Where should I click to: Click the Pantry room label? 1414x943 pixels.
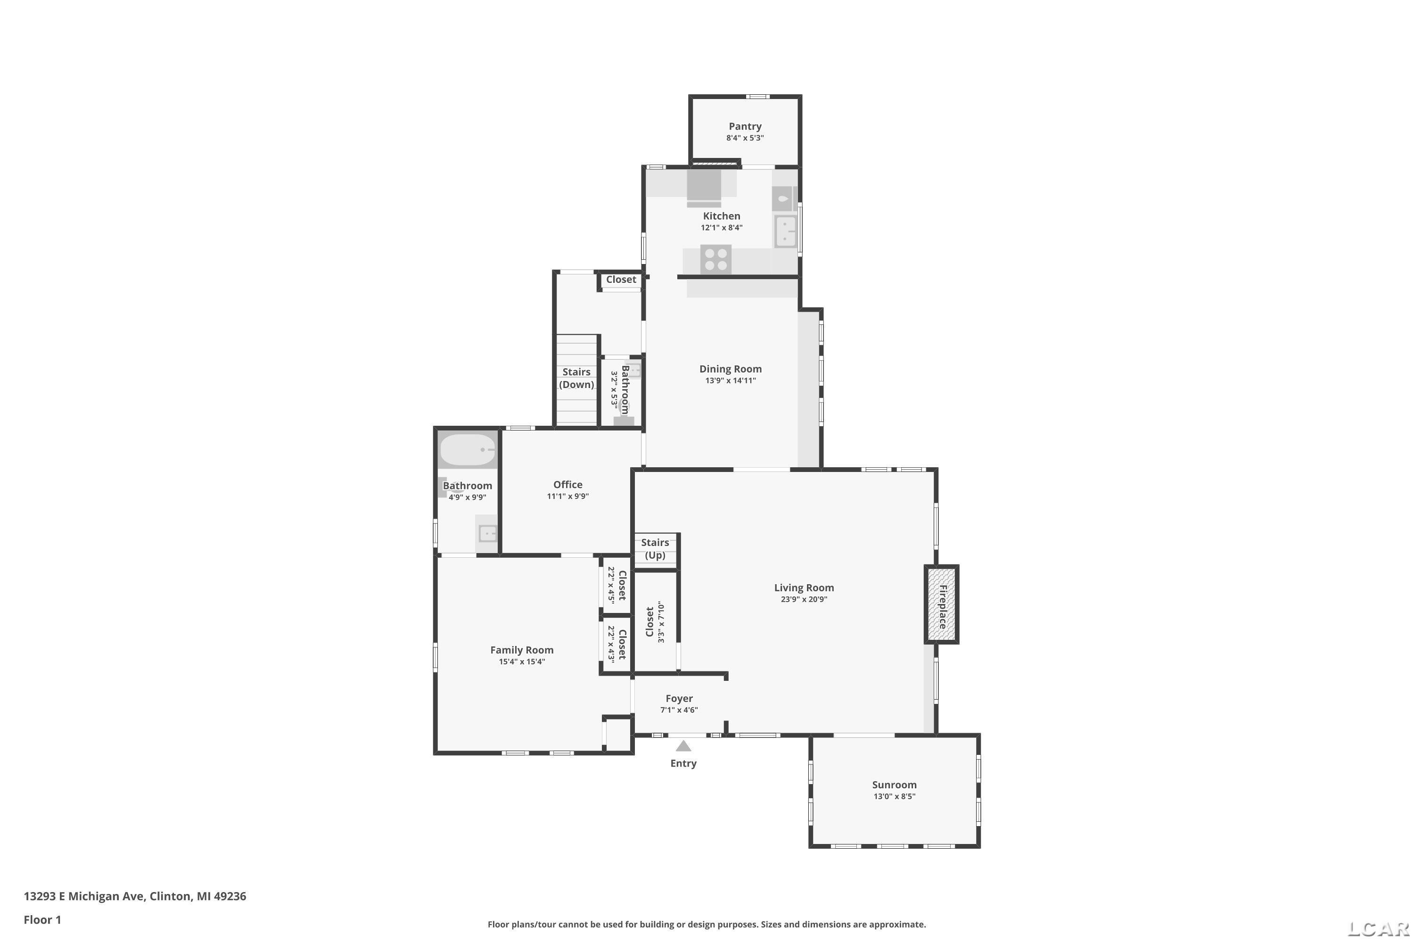pyautogui.click(x=745, y=126)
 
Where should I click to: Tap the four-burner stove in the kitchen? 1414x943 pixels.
pyautogui.click(x=715, y=259)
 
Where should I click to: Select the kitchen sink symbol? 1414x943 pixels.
pyautogui.click(x=785, y=232)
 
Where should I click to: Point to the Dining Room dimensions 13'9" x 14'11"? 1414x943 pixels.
pyautogui.click(x=731, y=381)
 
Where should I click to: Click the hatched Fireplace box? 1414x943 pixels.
pyautogui.click(x=941, y=604)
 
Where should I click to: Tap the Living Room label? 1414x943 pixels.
pyautogui.click(x=804, y=587)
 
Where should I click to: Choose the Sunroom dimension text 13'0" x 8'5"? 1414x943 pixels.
pyautogui.click(x=895, y=797)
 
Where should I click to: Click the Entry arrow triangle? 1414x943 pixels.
pyautogui.click(x=683, y=746)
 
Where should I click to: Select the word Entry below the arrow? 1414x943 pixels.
pyautogui.click(x=683, y=764)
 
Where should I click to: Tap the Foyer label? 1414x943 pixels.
pyautogui.click(x=679, y=698)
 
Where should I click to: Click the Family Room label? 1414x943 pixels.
pyautogui.click(x=522, y=650)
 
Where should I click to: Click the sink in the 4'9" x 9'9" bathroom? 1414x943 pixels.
pyautogui.click(x=487, y=533)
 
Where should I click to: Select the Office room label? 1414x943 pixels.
pyautogui.click(x=568, y=485)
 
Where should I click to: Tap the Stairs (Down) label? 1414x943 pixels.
pyautogui.click(x=576, y=378)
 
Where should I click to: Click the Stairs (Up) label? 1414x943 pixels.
pyautogui.click(x=655, y=548)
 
